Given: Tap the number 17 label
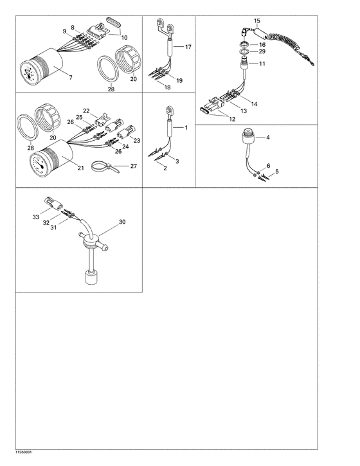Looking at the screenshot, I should tap(188, 48).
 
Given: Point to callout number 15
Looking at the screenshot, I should tap(257, 21).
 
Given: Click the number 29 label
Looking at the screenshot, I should tap(262, 51).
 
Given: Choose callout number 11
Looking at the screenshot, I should tap(262, 64).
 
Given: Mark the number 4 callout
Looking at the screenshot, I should tap(269, 138).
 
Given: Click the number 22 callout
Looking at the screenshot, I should tap(85, 111).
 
